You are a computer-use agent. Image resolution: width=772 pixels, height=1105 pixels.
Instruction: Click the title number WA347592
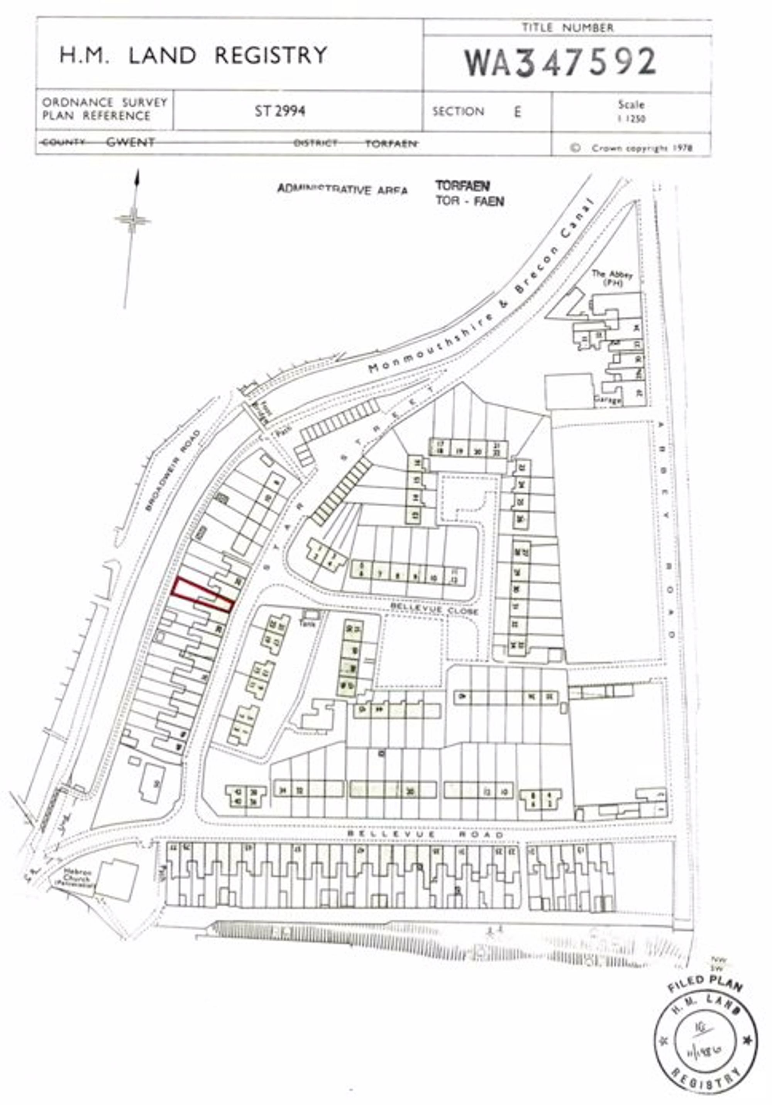coord(560,63)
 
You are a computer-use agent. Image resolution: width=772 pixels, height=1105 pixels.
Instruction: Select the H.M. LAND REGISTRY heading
coord(193,55)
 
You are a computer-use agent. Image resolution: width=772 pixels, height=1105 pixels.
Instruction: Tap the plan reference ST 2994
coord(279,111)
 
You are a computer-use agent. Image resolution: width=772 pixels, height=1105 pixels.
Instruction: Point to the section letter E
coord(517,112)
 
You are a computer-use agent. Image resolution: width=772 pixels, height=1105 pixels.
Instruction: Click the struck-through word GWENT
coord(130,142)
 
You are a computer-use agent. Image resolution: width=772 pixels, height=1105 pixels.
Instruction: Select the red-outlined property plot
coord(203,596)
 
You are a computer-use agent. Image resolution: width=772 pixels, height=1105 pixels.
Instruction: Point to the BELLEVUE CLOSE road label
coord(434,609)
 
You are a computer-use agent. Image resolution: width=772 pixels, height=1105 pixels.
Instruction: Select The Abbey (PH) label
coord(612,278)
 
